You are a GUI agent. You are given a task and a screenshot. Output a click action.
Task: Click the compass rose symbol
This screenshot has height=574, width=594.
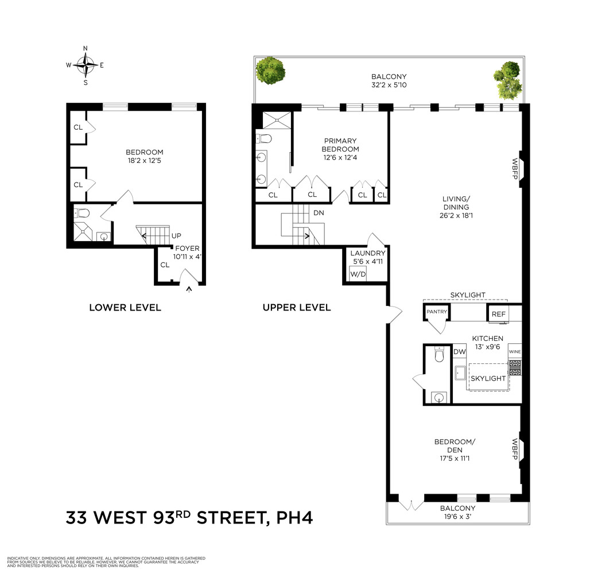coord(86,65)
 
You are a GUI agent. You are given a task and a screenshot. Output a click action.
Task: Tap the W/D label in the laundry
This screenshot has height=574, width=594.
coord(358,275)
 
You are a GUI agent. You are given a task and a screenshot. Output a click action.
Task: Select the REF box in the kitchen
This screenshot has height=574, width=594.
coord(498,314)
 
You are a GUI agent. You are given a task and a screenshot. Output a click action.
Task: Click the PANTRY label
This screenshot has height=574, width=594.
coord(436,312)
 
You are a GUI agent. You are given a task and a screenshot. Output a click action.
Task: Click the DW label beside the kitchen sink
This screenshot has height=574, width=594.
coord(459,352)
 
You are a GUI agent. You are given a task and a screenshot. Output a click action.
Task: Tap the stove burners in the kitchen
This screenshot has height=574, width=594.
coord(515,368)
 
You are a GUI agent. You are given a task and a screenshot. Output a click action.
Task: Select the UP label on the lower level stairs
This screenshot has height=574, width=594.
coord(177,236)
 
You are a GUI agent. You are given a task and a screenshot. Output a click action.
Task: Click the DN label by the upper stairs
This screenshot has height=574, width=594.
coord(319,212)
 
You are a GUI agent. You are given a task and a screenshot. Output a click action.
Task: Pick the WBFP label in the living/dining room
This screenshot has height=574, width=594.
coord(515,169)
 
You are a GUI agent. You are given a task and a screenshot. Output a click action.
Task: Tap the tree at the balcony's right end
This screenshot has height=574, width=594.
coord(508,79)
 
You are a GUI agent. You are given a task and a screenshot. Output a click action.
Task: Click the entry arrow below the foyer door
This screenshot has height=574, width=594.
coord(189,289)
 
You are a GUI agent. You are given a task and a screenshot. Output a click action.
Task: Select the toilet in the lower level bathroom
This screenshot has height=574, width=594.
coord(83,214)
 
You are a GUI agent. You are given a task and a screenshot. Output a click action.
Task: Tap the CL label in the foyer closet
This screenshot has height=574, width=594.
coord(165,265)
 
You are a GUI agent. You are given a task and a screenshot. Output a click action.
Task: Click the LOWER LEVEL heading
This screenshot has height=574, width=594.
coord(125,308)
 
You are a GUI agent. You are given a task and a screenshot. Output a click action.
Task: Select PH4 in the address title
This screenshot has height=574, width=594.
coord(294,518)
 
